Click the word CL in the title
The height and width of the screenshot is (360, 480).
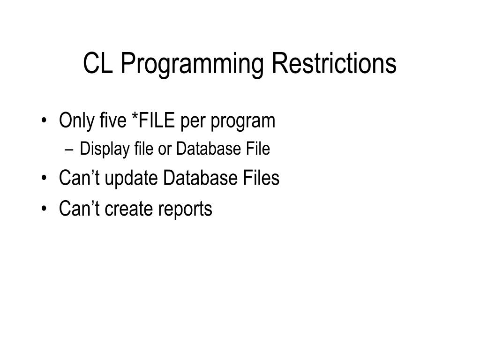point(98,64)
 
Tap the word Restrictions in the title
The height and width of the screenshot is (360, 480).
point(333,64)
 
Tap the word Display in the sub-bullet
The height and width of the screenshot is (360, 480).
point(97,150)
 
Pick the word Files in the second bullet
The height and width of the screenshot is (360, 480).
point(261,178)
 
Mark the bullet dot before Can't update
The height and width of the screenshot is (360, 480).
point(44,179)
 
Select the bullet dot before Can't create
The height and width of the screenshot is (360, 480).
point(44,209)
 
